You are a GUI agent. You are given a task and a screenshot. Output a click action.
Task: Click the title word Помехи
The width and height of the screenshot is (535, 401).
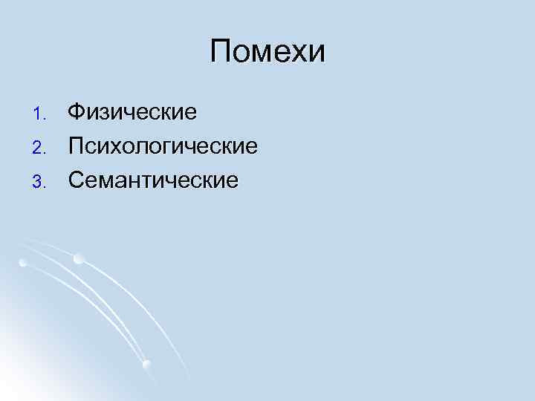(267, 53)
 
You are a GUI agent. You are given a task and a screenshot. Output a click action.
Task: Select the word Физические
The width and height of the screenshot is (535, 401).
(132, 113)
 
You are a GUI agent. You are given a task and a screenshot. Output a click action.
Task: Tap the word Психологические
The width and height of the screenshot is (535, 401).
(163, 146)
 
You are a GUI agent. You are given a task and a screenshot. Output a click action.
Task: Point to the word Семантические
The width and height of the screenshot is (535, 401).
(154, 180)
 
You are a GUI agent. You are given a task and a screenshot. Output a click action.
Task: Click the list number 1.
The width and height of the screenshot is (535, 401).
(42, 114)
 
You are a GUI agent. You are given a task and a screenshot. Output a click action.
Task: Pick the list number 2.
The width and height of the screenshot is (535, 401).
(42, 147)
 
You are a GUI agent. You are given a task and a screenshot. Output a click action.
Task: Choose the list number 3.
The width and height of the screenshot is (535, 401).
(42, 180)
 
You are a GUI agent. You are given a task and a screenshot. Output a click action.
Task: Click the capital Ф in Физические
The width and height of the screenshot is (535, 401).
(77, 113)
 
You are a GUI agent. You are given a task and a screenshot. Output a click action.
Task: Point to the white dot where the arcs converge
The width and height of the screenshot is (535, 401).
(146, 364)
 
